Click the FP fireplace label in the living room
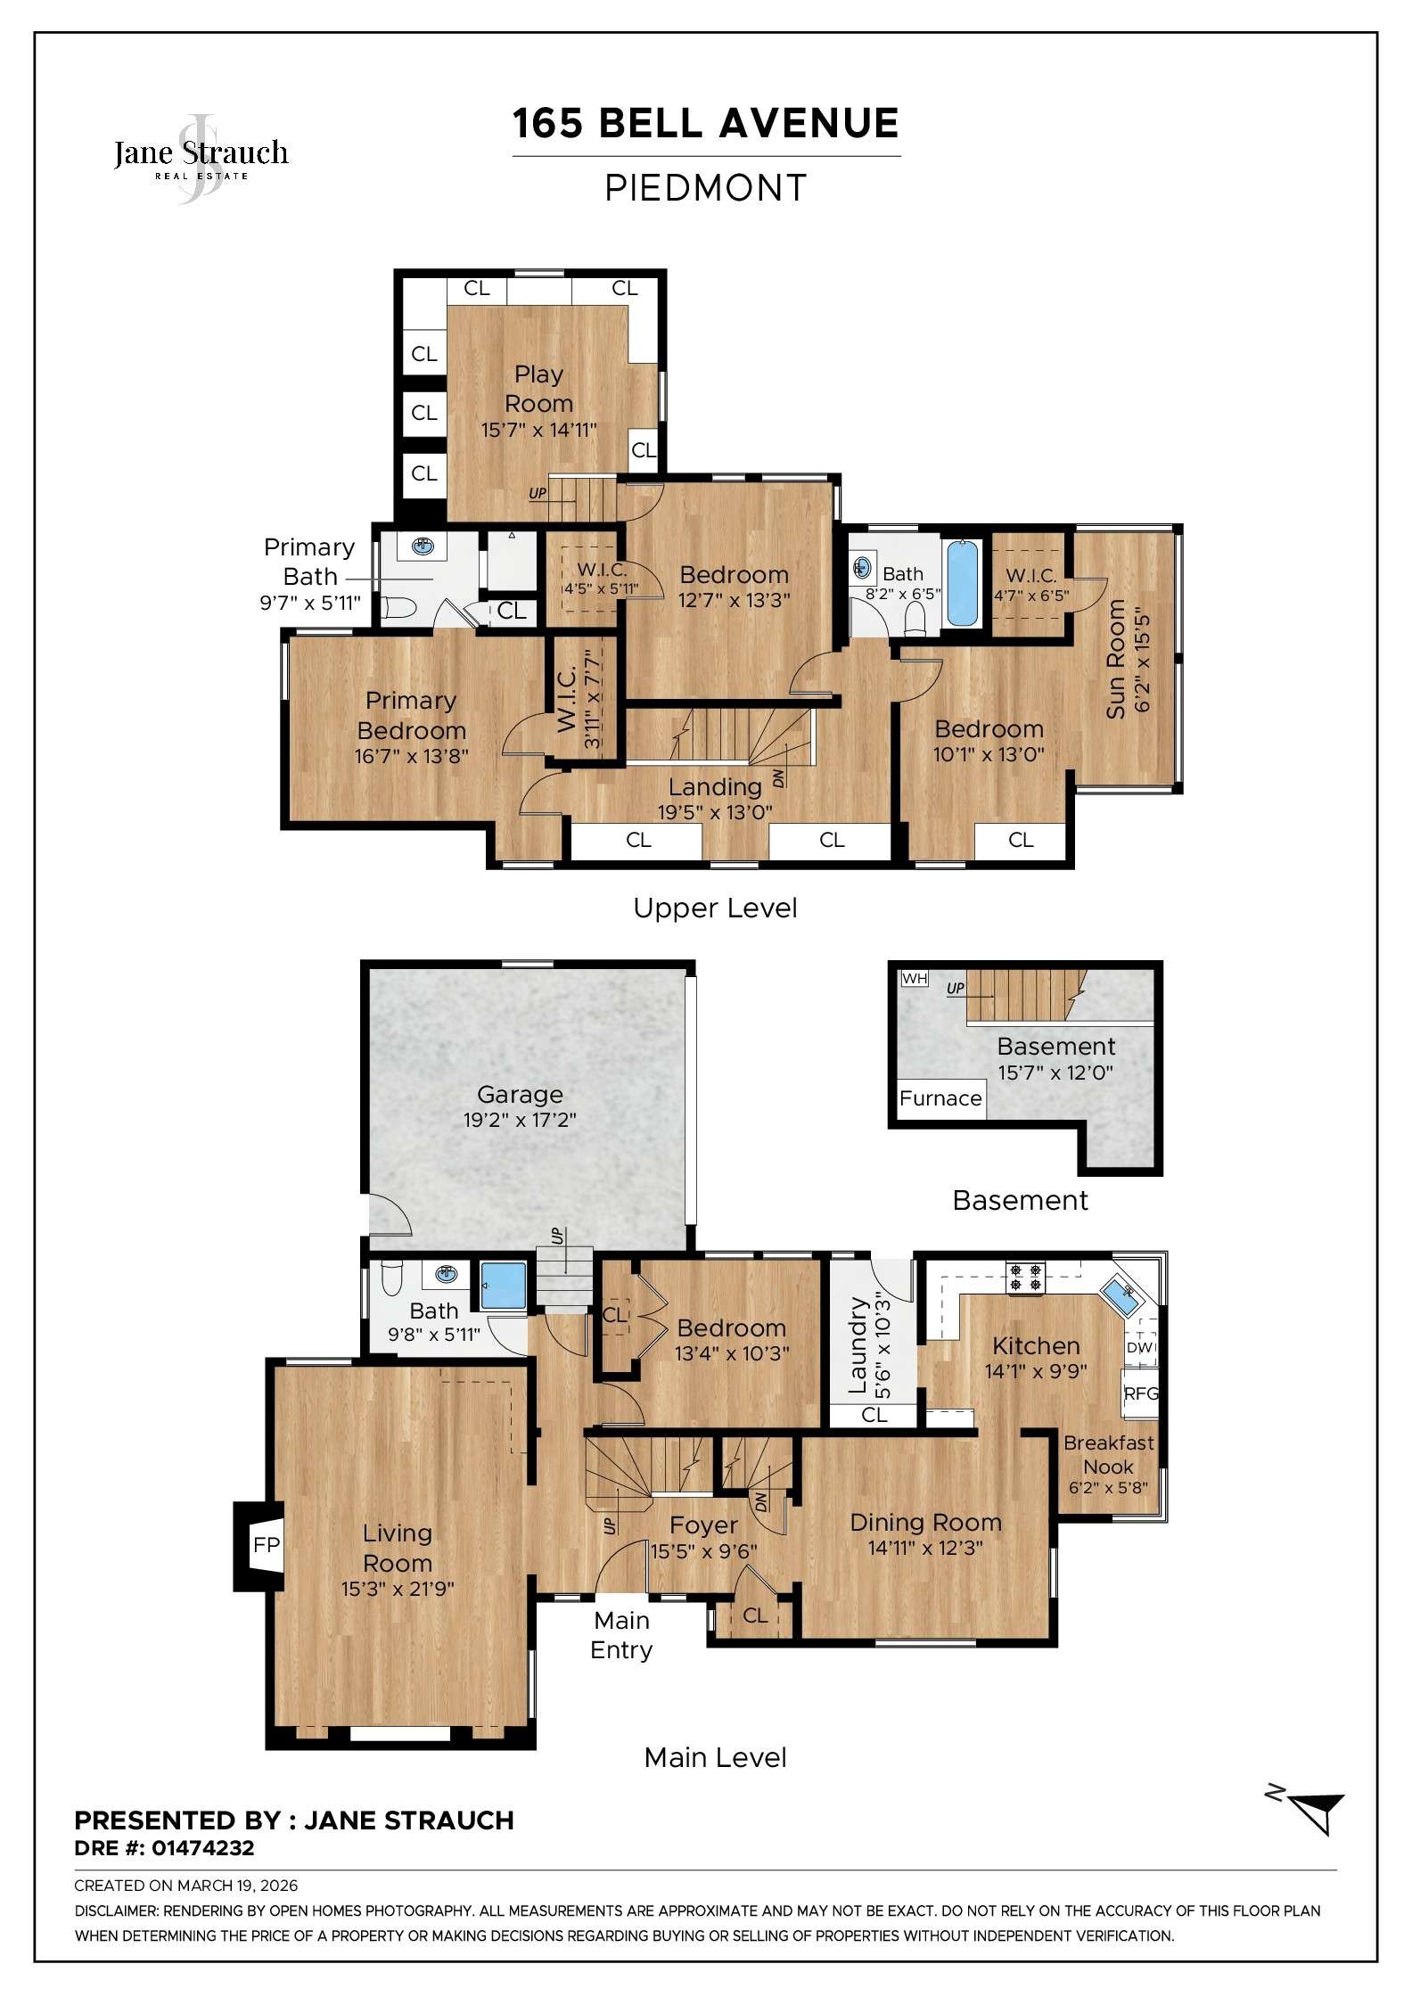(x=266, y=1544)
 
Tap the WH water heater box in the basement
(x=915, y=979)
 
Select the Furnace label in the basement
(x=940, y=1098)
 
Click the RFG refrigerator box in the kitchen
(x=1140, y=1393)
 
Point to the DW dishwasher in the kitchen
(x=1139, y=1347)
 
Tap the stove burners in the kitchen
(x=1024, y=1277)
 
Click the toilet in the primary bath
(x=398, y=608)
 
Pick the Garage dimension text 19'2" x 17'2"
(x=520, y=1120)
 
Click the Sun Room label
(x=1116, y=660)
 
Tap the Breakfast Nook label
(x=1108, y=1454)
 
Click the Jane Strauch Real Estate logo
(x=201, y=157)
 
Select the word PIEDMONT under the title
(x=705, y=188)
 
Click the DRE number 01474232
(x=203, y=1848)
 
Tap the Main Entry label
(x=621, y=1634)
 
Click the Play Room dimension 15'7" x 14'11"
(x=538, y=430)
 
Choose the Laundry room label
(x=858, y=1346)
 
